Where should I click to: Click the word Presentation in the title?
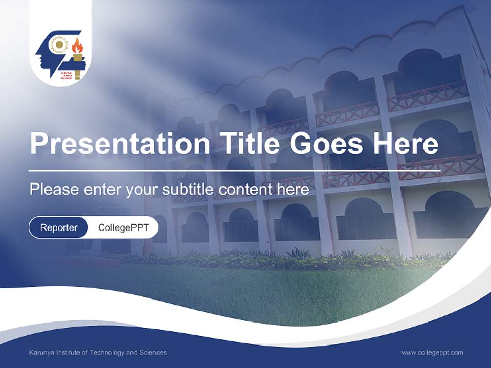click(119, 144)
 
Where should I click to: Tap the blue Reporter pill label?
click(59, 227)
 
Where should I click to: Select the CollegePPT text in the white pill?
click(123, 227)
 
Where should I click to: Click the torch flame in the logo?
click(77, 46)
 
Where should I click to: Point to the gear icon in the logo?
click(59, 45)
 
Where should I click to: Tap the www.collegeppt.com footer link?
click(432, 352)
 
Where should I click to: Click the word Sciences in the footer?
click(153, 352)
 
